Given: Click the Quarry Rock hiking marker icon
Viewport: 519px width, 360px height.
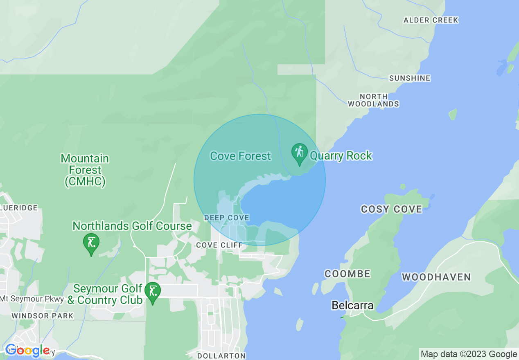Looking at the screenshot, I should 300,153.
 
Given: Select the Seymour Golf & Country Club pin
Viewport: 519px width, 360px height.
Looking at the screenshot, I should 153,291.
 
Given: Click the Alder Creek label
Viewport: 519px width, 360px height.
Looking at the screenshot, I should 431,20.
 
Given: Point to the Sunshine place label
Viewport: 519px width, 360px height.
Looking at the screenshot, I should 410,78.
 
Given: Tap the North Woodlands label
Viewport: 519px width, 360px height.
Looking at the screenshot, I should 373,100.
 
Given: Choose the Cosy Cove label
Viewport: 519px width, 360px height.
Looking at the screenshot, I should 391,209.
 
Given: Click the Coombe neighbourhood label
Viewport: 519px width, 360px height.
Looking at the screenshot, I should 348,274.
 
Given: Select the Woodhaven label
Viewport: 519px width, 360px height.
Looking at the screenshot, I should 436,277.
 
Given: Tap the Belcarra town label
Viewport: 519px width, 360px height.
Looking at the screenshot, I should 352,305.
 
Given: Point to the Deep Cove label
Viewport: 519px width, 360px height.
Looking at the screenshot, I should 227,218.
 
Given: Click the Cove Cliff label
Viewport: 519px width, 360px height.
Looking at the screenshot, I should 219,245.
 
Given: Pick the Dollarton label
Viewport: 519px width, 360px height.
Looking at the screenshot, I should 221,356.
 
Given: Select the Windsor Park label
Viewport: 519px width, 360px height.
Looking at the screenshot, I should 43,316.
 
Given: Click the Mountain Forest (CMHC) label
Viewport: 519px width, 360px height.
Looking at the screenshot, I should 85,170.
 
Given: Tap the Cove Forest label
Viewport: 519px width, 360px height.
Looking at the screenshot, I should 240,156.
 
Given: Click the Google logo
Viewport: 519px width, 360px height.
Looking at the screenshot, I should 27,351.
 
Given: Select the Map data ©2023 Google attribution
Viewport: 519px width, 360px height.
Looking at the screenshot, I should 469,354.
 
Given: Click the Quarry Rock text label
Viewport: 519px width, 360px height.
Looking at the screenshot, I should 341,156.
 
